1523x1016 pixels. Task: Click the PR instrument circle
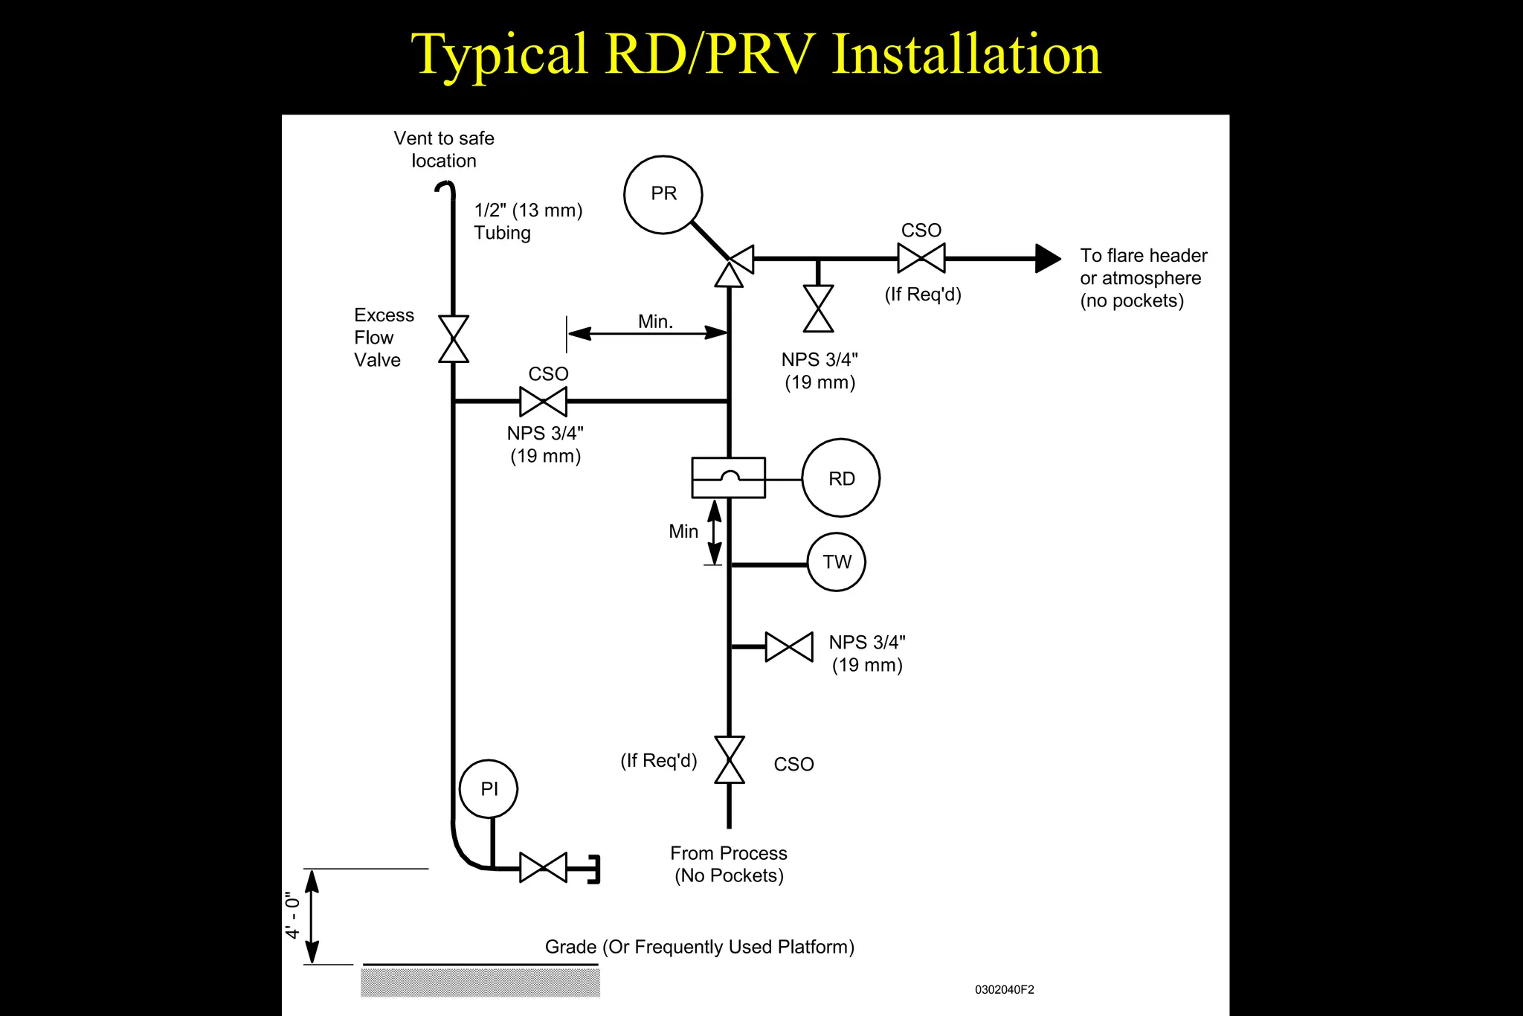(663, 194)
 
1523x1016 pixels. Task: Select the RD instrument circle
(841, 478)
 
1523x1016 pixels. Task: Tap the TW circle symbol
(837, 562)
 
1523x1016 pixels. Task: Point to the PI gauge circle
(489, 788)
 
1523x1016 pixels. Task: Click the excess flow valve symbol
(453, 339)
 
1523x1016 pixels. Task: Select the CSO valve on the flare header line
(921, 258)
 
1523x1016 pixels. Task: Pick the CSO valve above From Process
(729, 760)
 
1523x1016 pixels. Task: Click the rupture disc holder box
(728, 478)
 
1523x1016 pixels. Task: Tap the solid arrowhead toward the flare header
(1047, 258)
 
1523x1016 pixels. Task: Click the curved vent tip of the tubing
(446, 188)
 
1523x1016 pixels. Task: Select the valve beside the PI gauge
(543, 867)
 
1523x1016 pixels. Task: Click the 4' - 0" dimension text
(293, 916)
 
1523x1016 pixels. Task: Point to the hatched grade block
(480, 983)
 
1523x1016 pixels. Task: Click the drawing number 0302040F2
(1004, 990)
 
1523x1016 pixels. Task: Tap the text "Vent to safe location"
(444, 149)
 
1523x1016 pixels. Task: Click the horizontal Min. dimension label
(655, 321)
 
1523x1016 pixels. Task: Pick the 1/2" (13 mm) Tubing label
(528, 221)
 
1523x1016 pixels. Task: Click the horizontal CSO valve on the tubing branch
(543, 402)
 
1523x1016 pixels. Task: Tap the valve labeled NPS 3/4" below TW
(789, 647)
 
